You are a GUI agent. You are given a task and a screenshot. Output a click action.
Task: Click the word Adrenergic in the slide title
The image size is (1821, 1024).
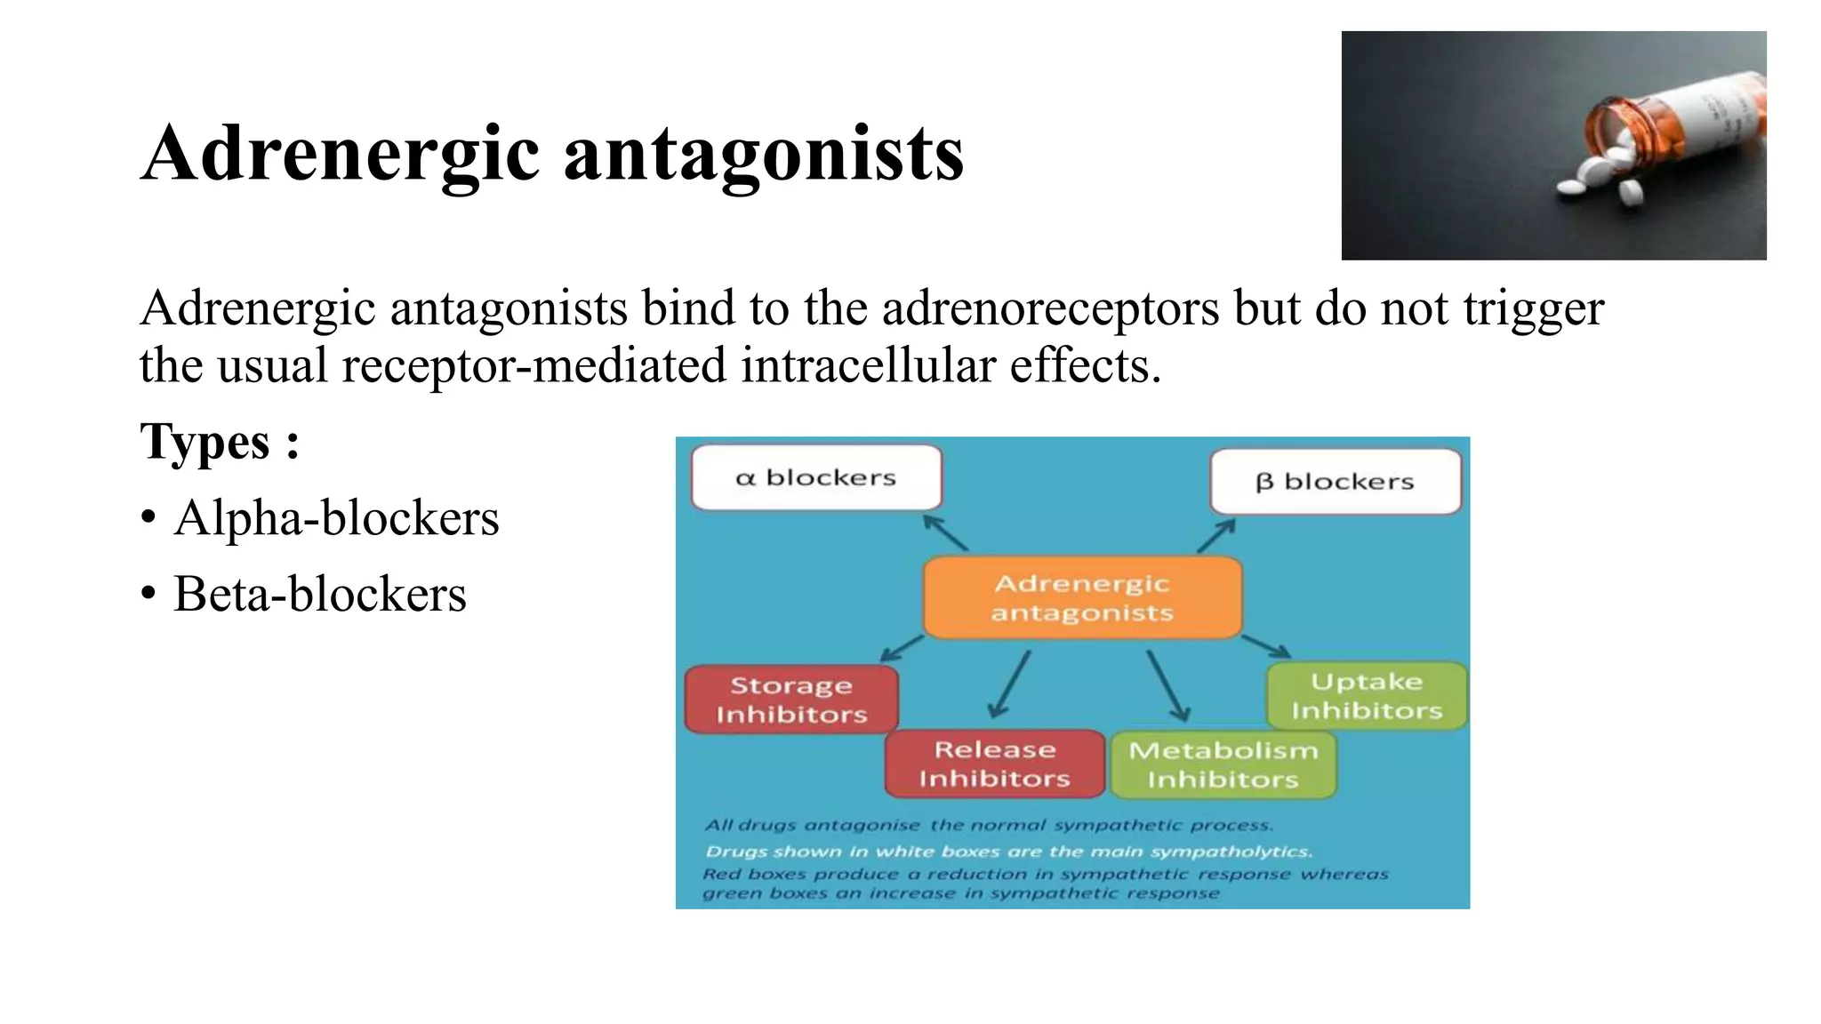point(341,154)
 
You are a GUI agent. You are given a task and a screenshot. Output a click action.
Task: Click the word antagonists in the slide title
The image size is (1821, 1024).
point(764,154)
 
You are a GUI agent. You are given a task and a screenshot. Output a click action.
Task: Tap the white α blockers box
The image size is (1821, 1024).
point(815,478)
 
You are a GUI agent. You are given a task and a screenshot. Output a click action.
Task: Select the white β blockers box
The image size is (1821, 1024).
point(1335,482)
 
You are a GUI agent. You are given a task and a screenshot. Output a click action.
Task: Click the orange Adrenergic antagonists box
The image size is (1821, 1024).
point(1082,597)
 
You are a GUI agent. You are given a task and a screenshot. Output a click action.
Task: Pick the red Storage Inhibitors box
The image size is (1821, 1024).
point(790,700)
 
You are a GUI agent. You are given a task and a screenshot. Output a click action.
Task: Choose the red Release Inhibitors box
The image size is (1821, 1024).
point(994,764)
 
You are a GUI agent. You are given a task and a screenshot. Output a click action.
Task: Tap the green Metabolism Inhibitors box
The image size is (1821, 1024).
point(1223,764)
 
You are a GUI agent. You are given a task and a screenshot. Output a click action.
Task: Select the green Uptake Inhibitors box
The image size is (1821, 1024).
point(1367,696)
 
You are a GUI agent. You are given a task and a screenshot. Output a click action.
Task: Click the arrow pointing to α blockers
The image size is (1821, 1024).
point(944,532)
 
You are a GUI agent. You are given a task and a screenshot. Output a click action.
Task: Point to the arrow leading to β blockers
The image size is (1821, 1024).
point(1216,536)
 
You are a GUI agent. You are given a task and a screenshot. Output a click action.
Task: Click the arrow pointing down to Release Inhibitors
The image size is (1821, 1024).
point(1010,684)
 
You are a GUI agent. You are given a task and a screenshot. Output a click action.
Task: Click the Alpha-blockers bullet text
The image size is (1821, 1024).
point(336,518)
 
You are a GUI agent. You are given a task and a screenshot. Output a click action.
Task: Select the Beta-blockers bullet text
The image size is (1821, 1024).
point(319,595)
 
